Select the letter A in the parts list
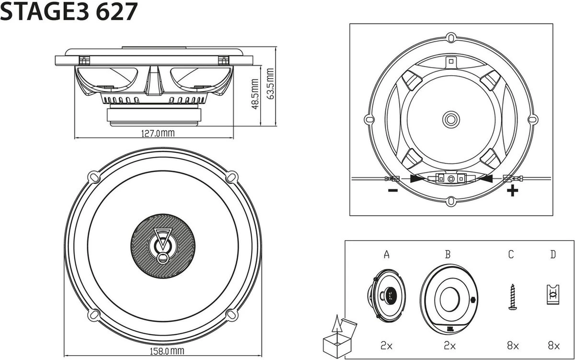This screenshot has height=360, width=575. tap(387, 255)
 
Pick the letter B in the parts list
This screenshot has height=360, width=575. tap(448, 255)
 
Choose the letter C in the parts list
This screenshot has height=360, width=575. tap(511, 255)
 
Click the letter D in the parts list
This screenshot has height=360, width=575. tap(553, 255)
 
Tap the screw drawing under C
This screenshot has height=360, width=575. tap(512, 297)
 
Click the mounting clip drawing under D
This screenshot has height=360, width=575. tap(553, 294)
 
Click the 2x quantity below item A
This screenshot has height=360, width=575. tap(387, 344)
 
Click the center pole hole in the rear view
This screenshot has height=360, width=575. tap(450, 118)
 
